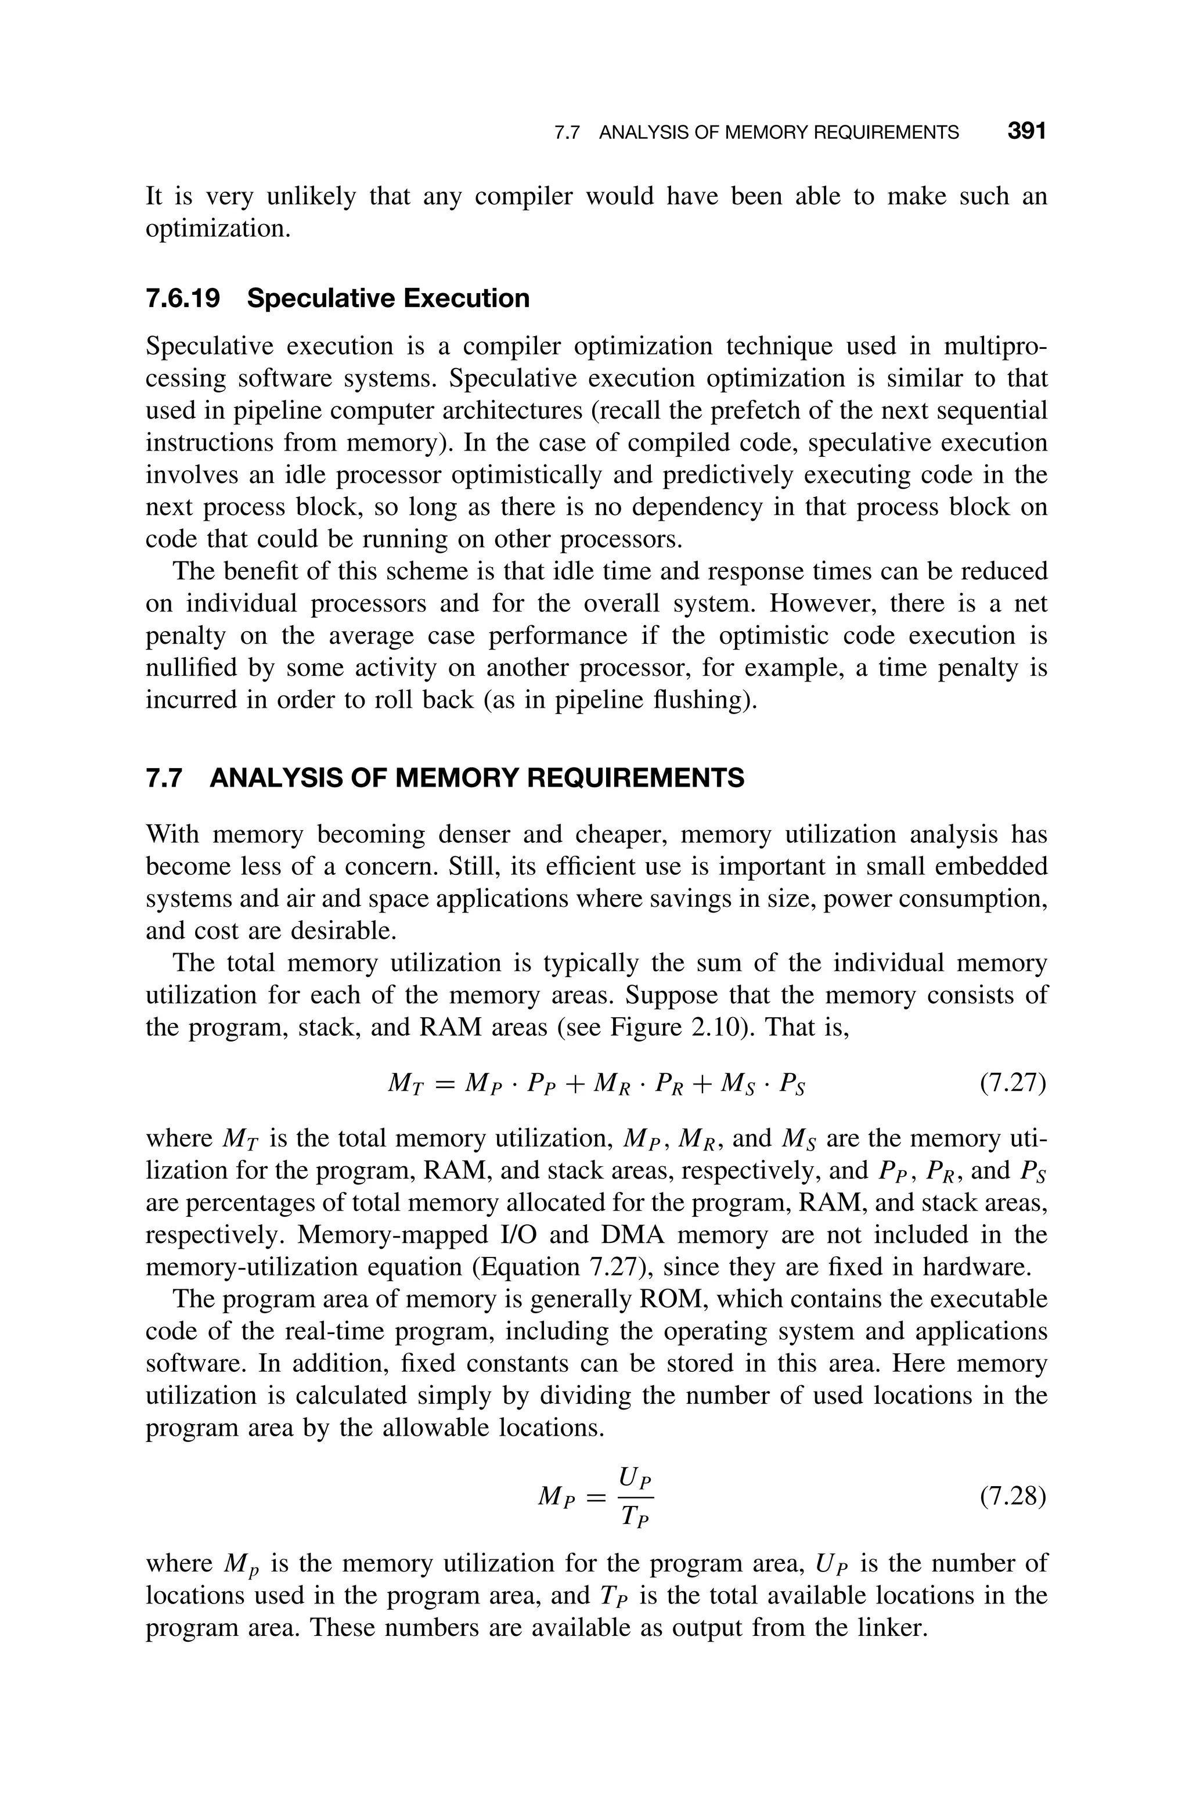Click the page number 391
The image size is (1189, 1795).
coord(1026,132)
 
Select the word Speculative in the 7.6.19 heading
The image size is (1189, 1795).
coord(319,298)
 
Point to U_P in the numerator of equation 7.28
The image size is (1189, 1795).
coord(636,1477)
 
